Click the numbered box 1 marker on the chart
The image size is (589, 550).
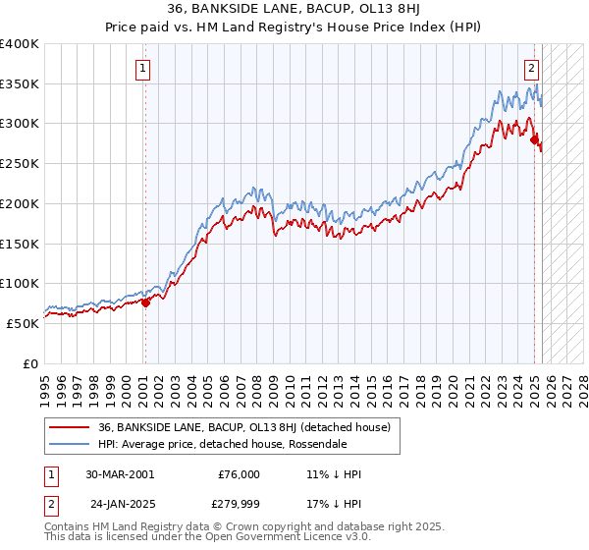tap(143, 69)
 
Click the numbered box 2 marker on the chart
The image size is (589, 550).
tap(531, 69)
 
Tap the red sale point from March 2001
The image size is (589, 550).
tap(145, 302)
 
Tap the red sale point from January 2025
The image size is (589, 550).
tap(535, 140)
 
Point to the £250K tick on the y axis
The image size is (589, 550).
tap(21, 164)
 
